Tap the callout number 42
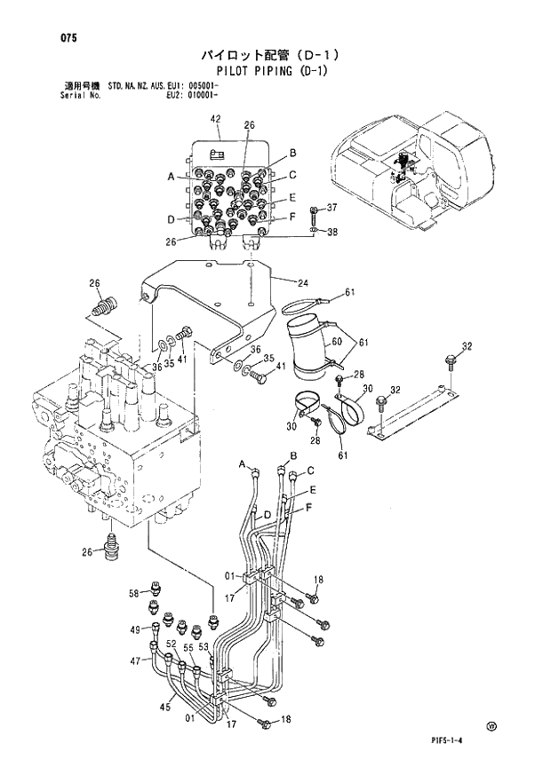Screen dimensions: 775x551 [215, 119]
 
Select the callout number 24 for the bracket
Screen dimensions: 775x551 [302, 283]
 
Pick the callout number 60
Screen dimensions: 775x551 [336, 341]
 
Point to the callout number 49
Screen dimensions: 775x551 [134, 629]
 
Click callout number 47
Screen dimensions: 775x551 [136, 661]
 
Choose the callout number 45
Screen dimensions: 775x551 [164, 708]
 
